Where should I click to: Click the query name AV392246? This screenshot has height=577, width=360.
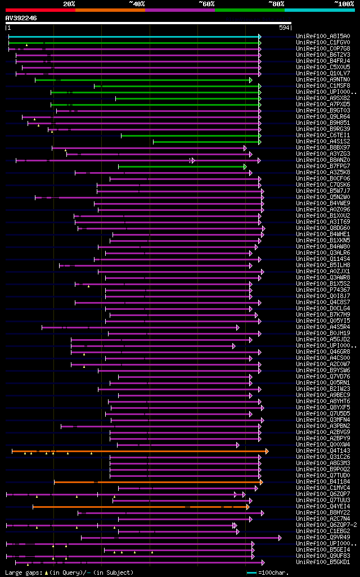(x=21, y=18)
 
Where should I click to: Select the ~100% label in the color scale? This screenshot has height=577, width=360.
(x=344, y=3)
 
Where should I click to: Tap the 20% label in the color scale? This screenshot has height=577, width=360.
(x=69, y=3)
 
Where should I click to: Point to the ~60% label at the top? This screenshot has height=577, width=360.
(x=206, y=3)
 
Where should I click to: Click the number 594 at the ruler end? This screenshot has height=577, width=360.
(x=285, y=28)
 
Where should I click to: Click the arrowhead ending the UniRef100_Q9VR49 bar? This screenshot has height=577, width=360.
(x=280, y=538)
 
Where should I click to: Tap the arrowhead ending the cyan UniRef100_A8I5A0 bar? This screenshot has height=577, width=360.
(x=259, y=37)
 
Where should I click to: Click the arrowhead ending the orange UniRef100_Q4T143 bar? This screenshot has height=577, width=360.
(x=267, y=451)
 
